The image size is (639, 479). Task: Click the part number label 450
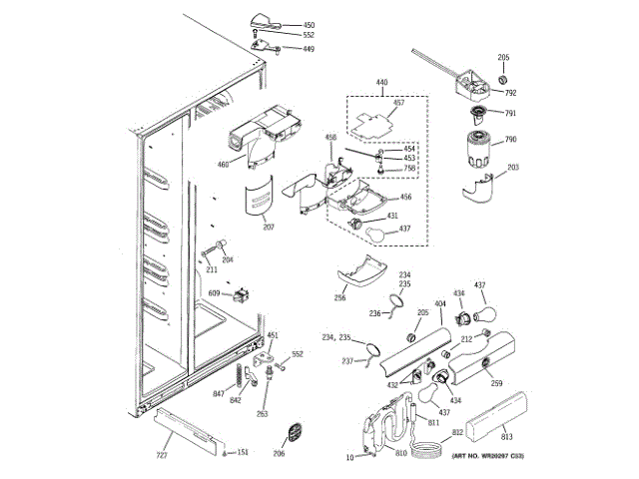coord(309,24)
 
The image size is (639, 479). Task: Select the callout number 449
coord(309,48)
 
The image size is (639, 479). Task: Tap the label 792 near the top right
coord(510,93)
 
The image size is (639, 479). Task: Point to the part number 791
coord(509,114)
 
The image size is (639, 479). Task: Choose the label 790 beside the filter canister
coord(509,140)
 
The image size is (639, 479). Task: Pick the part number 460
coord(224,165)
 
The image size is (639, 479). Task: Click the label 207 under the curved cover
coord(269,228)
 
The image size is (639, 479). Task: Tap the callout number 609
coord(214,292)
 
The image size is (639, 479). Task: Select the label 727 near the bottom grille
coord(161,456)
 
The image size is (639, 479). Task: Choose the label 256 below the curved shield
coord(340,296)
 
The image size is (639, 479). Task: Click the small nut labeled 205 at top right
coord(503,78)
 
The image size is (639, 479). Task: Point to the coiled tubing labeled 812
coord(429,448)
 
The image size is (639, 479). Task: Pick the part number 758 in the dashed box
coord(410,169)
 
